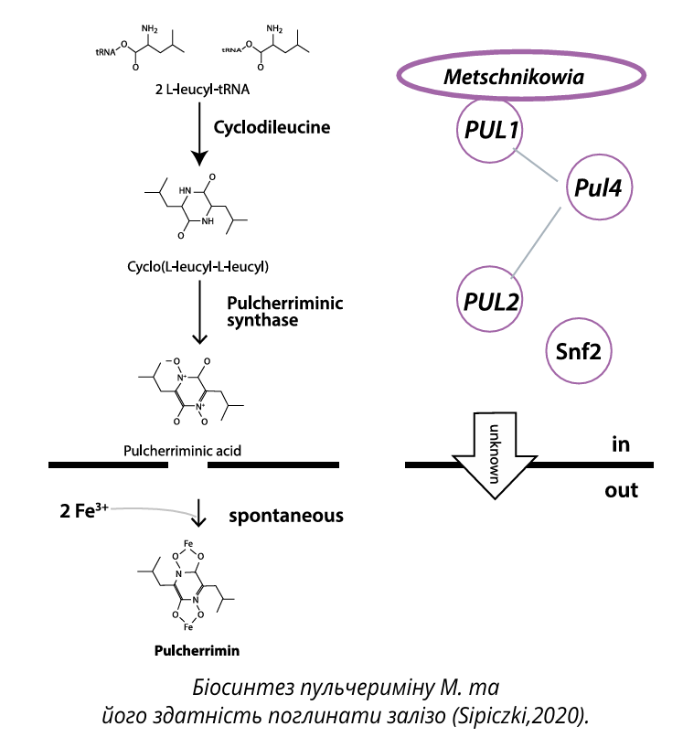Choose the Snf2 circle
pos(578,349)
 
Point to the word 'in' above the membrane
pos(623,444)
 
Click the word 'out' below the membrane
pos(622,490)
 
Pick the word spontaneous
pos(286,516)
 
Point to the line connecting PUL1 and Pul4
pos(537,166)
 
